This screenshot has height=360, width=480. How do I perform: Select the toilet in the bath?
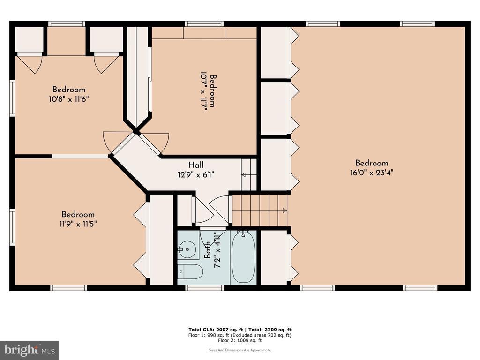click(x=190, y=271)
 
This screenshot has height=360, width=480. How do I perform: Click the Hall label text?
click(x=196, y=165)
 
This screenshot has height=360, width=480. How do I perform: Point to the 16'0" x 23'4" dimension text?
click(x=372, y=172)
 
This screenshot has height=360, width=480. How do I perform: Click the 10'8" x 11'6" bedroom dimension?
click(x=69, y=99)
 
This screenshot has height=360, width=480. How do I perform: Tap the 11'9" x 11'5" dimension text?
click(x=78, y=224)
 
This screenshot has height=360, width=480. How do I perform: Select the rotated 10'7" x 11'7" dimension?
click(x=203, y=91)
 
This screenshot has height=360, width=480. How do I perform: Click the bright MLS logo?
click(x=30, y=350)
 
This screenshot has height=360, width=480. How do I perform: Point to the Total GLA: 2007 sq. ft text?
click(x=216, y=330)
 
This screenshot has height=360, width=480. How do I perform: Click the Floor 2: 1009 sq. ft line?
click(x=240, y=340)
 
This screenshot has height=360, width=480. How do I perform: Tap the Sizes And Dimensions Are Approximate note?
click(x=240, y=350)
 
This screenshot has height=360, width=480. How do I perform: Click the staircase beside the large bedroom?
click(x=260, y=210)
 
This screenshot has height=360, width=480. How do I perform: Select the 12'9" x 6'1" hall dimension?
click(x=196, y=175)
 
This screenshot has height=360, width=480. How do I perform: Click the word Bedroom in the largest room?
click(x=372, y=163)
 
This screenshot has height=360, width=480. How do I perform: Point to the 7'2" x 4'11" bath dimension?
click(x=217, y=250)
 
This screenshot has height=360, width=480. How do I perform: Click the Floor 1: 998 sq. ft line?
click(x=240, y=335)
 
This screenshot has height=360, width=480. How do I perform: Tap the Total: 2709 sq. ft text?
click(x=270, y=330)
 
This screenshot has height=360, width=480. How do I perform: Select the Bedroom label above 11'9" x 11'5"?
click(x=78, y=214)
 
